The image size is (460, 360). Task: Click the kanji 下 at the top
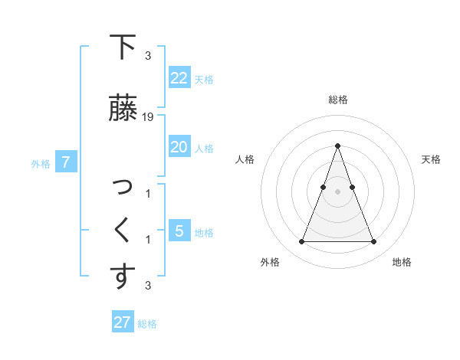pos(123,47)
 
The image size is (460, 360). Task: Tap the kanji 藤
pos(123,108)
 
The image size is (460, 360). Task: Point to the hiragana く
pos(122,230)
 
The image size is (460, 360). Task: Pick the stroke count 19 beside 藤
pos(148,117)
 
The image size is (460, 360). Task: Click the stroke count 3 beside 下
pos(148,56)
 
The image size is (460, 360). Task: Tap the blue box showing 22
pos(179,78)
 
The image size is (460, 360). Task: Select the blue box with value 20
pos(179,147)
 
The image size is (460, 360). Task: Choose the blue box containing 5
pos(179,231)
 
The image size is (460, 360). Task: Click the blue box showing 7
pos(66,162)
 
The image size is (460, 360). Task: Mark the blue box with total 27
pos(122,322)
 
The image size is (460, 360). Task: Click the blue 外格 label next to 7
pos(41,163)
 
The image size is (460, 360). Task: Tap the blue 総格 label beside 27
pos(147,324)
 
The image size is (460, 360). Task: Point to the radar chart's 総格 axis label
pos(337,100)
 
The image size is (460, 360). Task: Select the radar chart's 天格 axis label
pos(432,159)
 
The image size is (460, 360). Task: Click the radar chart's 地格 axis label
pos(402,262)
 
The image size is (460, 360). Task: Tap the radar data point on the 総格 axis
pos(337,146)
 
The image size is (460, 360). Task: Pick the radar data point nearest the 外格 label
pos(301,242)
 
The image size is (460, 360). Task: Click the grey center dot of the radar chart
pos(337,191)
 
